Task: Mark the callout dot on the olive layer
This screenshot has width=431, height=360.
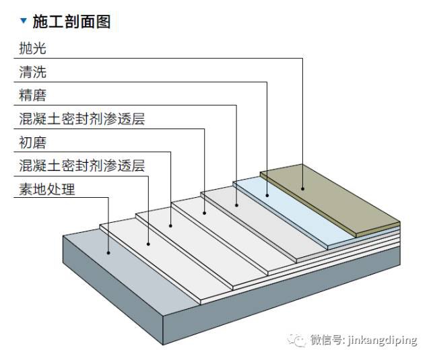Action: coord(302,188)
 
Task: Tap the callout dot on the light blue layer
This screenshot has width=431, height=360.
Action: coord(268,195)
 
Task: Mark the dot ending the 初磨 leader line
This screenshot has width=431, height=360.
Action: coord(170,226)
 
